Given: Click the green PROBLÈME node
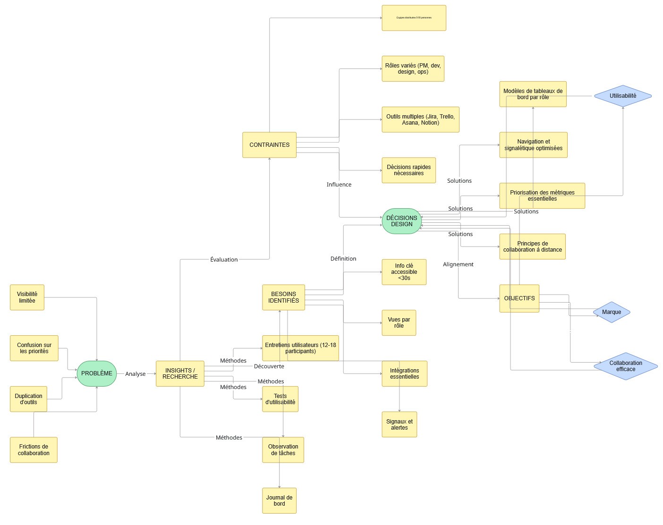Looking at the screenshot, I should (96, 373).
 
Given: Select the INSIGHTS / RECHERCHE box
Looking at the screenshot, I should (180, 373).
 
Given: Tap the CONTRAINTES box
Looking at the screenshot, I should (269, 145).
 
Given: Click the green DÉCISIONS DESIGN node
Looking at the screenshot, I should (401, 221).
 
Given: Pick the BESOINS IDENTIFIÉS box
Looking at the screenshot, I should (283, 297).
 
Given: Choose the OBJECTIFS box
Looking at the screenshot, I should (519, 298).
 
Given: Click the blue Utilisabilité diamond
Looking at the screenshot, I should (622, 96).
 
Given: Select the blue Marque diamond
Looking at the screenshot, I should (612, 312).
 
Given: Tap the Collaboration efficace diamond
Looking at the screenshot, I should (625, 366).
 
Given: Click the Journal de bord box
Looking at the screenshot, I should (279, 500).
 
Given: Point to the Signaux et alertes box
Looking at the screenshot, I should (399, 424).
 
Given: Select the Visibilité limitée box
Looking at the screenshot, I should (27, 297).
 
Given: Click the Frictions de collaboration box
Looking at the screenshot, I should (34, 450).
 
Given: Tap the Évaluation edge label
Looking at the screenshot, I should (224, 260).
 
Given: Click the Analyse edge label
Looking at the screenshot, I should (136, 374).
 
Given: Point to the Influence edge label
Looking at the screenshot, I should (339, 185).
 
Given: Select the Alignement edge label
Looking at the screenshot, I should (458, 264).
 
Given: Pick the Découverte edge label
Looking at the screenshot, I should (269, 366).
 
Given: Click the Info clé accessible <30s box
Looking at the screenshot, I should (404, 272).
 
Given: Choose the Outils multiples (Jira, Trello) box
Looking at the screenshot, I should (420, 119).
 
